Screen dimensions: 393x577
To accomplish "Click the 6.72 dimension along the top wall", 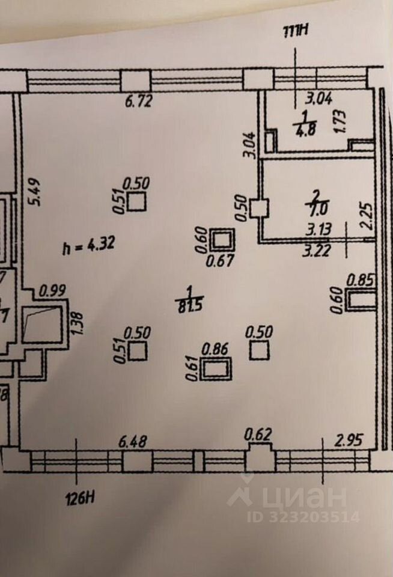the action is point(138,102).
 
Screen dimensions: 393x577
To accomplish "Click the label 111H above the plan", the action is point(294,32).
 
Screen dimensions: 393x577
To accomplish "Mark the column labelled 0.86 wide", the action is point(216,370).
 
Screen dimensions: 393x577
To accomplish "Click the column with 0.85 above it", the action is point(361,300).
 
